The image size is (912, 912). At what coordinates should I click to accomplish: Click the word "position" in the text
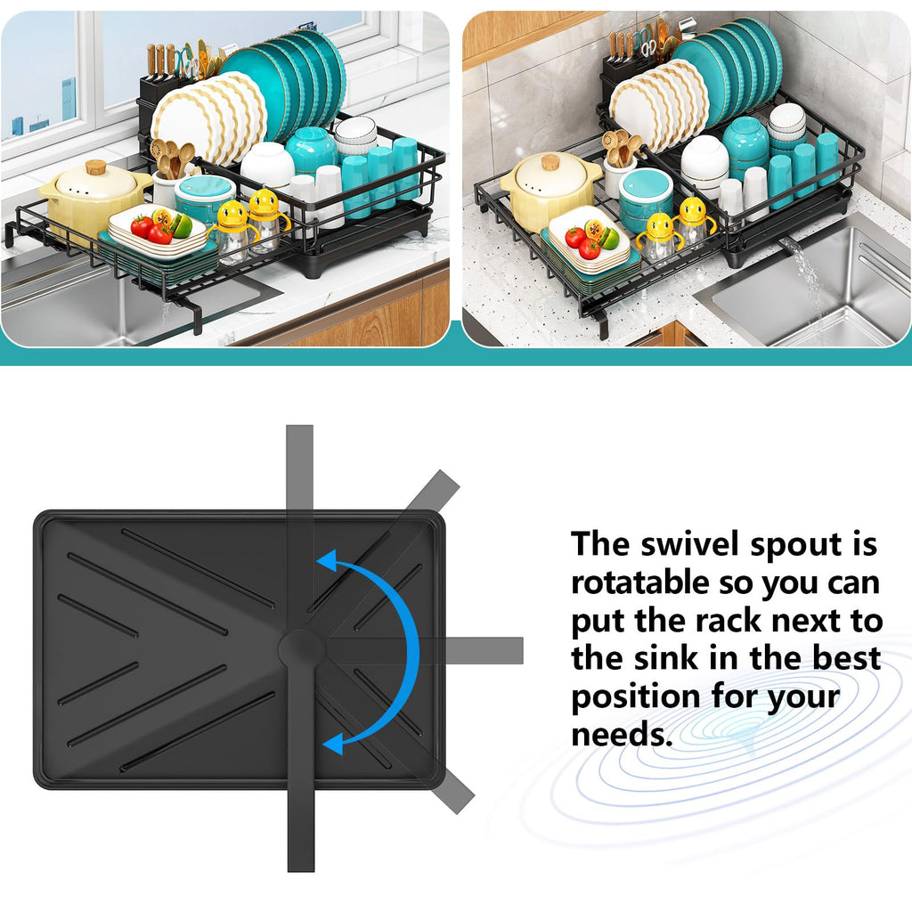[x=636, y=698]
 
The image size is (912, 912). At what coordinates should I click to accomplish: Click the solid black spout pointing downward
[x=301, y=768]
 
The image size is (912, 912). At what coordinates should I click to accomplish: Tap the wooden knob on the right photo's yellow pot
[x=550, y=162]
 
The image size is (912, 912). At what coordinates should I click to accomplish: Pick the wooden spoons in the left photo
[x=173, y=158]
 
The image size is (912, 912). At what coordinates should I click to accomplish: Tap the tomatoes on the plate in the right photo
[x=582, y=242]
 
